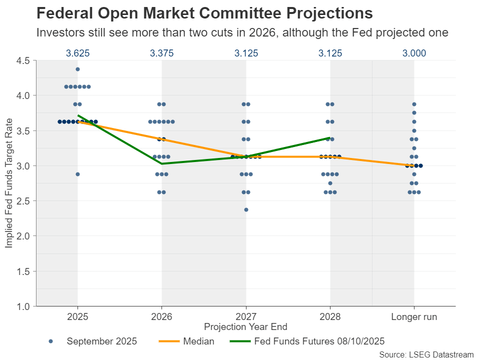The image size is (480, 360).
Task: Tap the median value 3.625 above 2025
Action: pyautogui.click(x=77, y=53)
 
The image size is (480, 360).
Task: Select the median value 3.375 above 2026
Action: pyautogui.click(x=161, y=53)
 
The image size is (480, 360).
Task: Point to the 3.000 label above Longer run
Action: pyautogui.click(x=414, y=53)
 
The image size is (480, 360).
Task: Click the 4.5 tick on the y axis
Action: pyautogui.click(x=23, y=60)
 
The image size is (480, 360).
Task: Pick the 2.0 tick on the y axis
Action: pyautogui.click(x=23, y=236)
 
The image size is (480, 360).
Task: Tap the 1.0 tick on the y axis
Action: pyautogui.click(x=23, y=306)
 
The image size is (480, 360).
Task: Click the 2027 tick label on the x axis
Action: pyautogui.click(x=246, y=317)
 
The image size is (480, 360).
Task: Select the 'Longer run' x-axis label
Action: pyautogui.click(x=414, y=317)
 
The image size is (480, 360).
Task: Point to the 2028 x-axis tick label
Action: pyautogui.click(x=330, y=317)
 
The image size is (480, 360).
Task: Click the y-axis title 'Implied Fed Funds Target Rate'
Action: pyautogui.click(x=9, y=183)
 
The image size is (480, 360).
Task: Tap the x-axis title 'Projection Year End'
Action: pyautogui.click(x=245, y=327)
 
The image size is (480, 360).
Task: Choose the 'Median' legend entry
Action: pyautogui.click(x=186, y=341)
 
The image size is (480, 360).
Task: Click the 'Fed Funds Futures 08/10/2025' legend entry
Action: pyautogui.click(x=306, y=341)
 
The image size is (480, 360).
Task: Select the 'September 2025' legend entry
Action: pyautogui.click(x=93, y=341)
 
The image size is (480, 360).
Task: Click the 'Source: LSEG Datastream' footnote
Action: pyautogui.click(x=426, y=354)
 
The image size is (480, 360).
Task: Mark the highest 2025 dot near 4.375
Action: pyautogui.click(x=77, y=69)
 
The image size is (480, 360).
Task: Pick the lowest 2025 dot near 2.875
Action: pyautogui.click(x=77, y=174)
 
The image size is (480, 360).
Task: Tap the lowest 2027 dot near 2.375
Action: pyautogui.click(x=246, y=209)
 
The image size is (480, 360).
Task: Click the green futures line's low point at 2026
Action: pyautogui.click(x=161, y=163)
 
